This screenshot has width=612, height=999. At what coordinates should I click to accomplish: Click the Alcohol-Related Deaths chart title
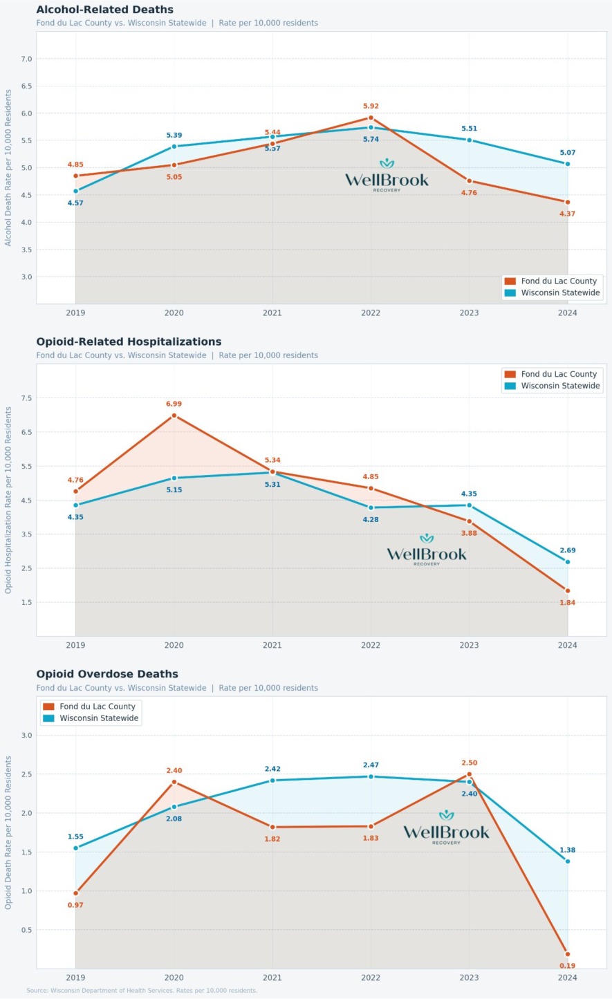click(104, 10)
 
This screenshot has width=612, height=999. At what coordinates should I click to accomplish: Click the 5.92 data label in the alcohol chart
click(371, 106)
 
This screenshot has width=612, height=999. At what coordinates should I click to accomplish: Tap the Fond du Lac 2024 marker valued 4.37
click(568, 202)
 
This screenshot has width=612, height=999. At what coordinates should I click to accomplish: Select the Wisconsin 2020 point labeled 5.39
click(174, 147)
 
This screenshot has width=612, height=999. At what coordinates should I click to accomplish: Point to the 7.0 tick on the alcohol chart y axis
click(26, 59)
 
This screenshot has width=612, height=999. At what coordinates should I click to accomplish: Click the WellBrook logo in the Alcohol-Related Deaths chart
click(387, 176)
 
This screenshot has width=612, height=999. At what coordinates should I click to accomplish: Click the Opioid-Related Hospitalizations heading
click(129, 342)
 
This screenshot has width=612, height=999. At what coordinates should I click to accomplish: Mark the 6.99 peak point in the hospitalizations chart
click(174, 416)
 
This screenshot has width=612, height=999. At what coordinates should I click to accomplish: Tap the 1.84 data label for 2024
click(567, 603)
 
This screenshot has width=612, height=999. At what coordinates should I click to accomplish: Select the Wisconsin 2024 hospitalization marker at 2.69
click(568, 562)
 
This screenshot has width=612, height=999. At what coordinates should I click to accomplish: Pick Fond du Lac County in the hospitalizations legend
click(559, 374)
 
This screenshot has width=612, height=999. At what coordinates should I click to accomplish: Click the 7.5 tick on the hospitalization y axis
click(26, 398)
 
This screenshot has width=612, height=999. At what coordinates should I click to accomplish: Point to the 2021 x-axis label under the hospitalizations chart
click(272, 645)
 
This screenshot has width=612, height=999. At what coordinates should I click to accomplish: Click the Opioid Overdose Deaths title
click(107, 674)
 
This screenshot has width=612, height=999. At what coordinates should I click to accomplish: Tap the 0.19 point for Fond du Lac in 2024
click(568, 954)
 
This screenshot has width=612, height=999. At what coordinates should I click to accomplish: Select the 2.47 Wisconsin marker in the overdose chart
click(371, 776)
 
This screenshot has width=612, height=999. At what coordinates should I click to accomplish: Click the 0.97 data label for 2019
click(75, 905)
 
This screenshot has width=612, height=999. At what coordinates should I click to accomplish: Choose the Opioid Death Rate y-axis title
click(8, 832)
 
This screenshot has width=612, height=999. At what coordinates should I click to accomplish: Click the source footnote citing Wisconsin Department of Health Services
click(142, 991)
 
